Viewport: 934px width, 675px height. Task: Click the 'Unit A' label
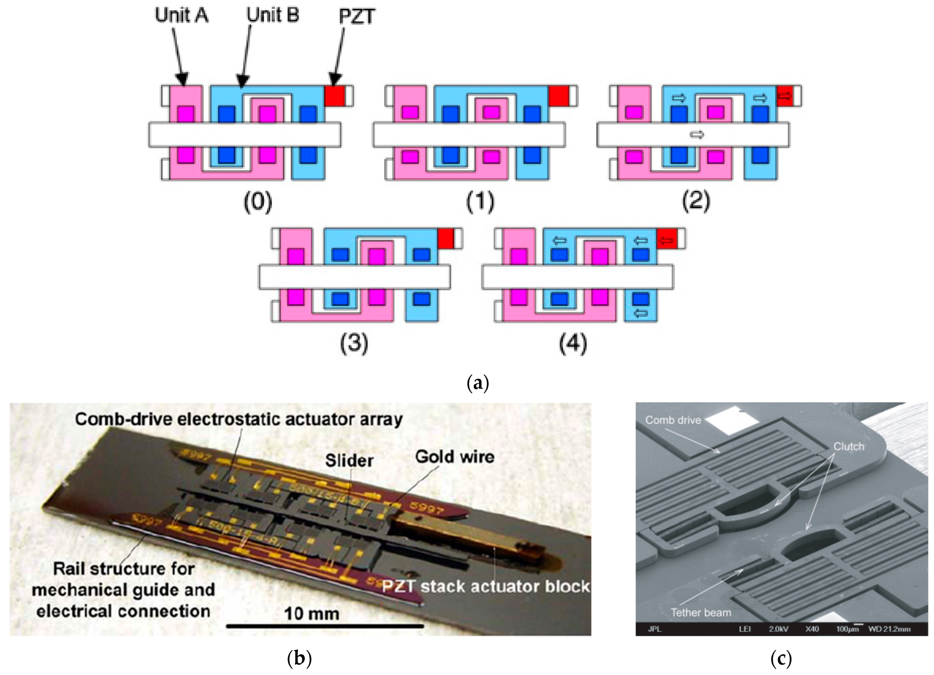tap(181, 16)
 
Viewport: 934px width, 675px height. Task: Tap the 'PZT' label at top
tap(357, 16)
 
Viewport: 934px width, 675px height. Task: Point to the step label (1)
tap(480, 202)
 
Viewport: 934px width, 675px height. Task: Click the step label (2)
tap(696, 202)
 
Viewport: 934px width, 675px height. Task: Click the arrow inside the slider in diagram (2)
tap(697, 135)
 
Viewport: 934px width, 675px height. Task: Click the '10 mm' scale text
tap(312, 614)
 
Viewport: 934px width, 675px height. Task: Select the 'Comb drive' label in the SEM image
tap(673, 420)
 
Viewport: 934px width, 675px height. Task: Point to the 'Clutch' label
tap(848, 446)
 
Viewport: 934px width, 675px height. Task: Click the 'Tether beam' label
tap(701, 613)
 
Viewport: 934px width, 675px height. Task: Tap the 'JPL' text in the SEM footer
tap(654, 629)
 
